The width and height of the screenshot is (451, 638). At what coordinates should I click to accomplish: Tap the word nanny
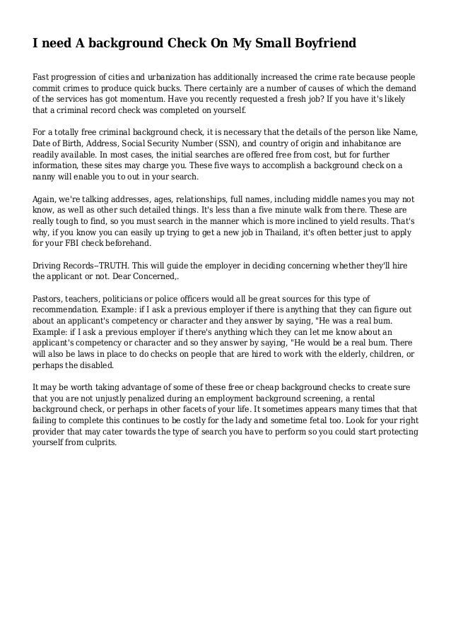(47, 177)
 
